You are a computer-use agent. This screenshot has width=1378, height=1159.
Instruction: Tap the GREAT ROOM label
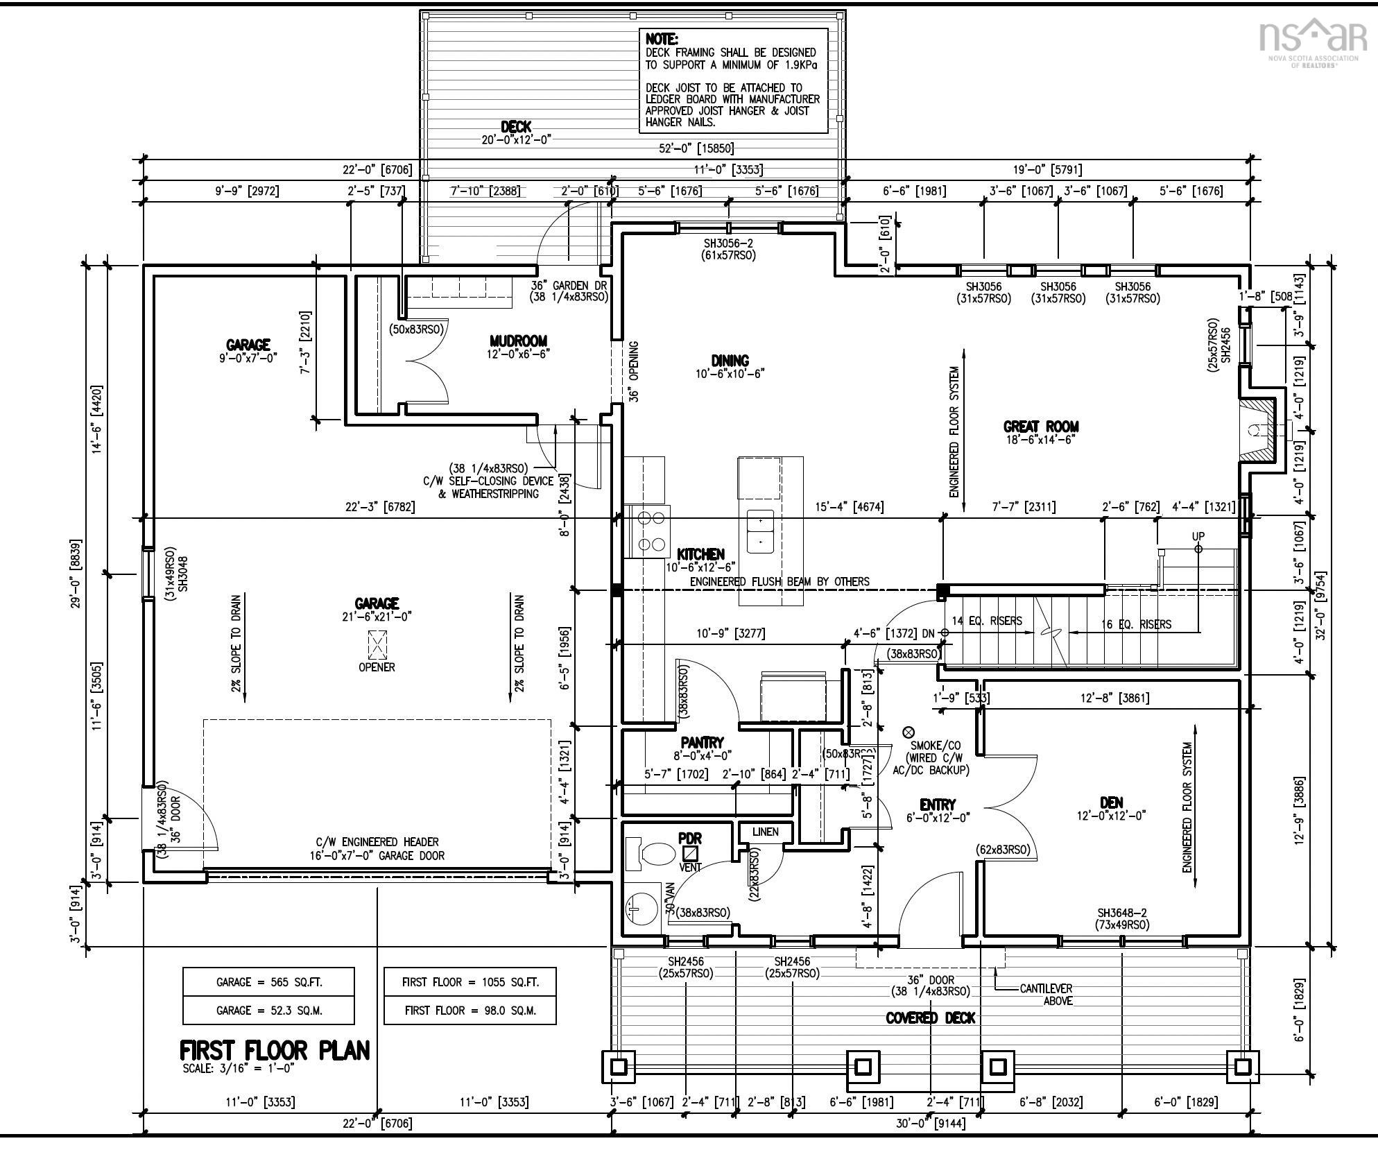click(1040, 427)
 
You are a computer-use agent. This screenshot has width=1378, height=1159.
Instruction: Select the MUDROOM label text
click(518, 341)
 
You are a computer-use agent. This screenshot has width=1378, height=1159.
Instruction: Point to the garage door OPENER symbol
click(377, 645)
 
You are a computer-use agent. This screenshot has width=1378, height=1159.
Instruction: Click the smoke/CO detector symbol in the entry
click(908, 732)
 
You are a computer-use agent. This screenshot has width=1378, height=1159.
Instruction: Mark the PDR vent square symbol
click(690, 854)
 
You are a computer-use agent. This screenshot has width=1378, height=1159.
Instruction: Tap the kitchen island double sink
click(761, 530)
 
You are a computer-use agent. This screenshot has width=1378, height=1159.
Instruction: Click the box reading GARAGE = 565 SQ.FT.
click(269, 982)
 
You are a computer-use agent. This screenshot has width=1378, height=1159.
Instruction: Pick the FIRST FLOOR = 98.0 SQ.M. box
click(470, 1011)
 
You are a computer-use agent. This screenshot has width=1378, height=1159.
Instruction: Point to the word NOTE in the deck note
click(662, 39)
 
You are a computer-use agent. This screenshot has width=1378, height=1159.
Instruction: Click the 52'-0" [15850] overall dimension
click(696, 148)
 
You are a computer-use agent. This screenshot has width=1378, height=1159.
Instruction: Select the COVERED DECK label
click(930, 1018)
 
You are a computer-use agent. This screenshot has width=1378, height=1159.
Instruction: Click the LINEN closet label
click(765, 832)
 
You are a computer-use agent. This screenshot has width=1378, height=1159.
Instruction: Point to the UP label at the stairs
click(1198, 536)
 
